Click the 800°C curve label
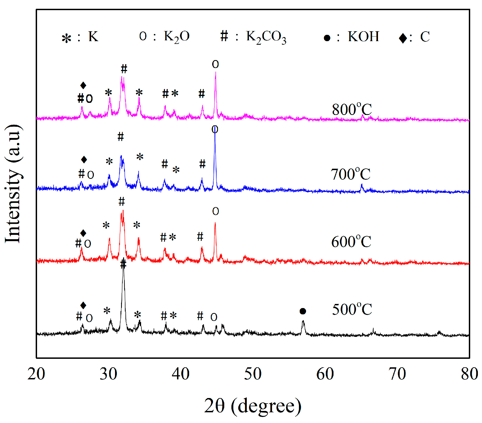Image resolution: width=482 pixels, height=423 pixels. pos(352,110)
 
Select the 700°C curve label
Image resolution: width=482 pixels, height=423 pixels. pos(350,174)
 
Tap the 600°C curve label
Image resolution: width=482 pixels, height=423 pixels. pos(351,242)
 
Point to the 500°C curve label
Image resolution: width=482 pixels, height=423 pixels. pos(352,309)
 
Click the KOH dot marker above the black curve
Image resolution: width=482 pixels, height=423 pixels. pos(303,311)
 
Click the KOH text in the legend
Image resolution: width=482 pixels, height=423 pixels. pos(363,36)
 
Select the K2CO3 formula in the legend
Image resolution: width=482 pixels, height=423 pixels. pos(266,37)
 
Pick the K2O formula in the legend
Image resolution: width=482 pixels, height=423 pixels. pos(177,37)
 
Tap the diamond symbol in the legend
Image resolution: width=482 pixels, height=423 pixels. pos(403,38)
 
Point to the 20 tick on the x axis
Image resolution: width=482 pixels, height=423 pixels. pos(36,374)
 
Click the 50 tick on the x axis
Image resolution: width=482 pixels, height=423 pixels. pos(253,374)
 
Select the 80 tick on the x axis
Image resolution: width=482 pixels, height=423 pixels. pos(469,374)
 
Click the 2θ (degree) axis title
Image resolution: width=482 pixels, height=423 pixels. pos(253,406)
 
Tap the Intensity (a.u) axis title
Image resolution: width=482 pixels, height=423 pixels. pos(13,184)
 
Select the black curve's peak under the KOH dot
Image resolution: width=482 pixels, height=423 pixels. pos(303,321)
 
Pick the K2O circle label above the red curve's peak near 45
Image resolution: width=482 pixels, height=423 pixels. pos(215,211)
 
